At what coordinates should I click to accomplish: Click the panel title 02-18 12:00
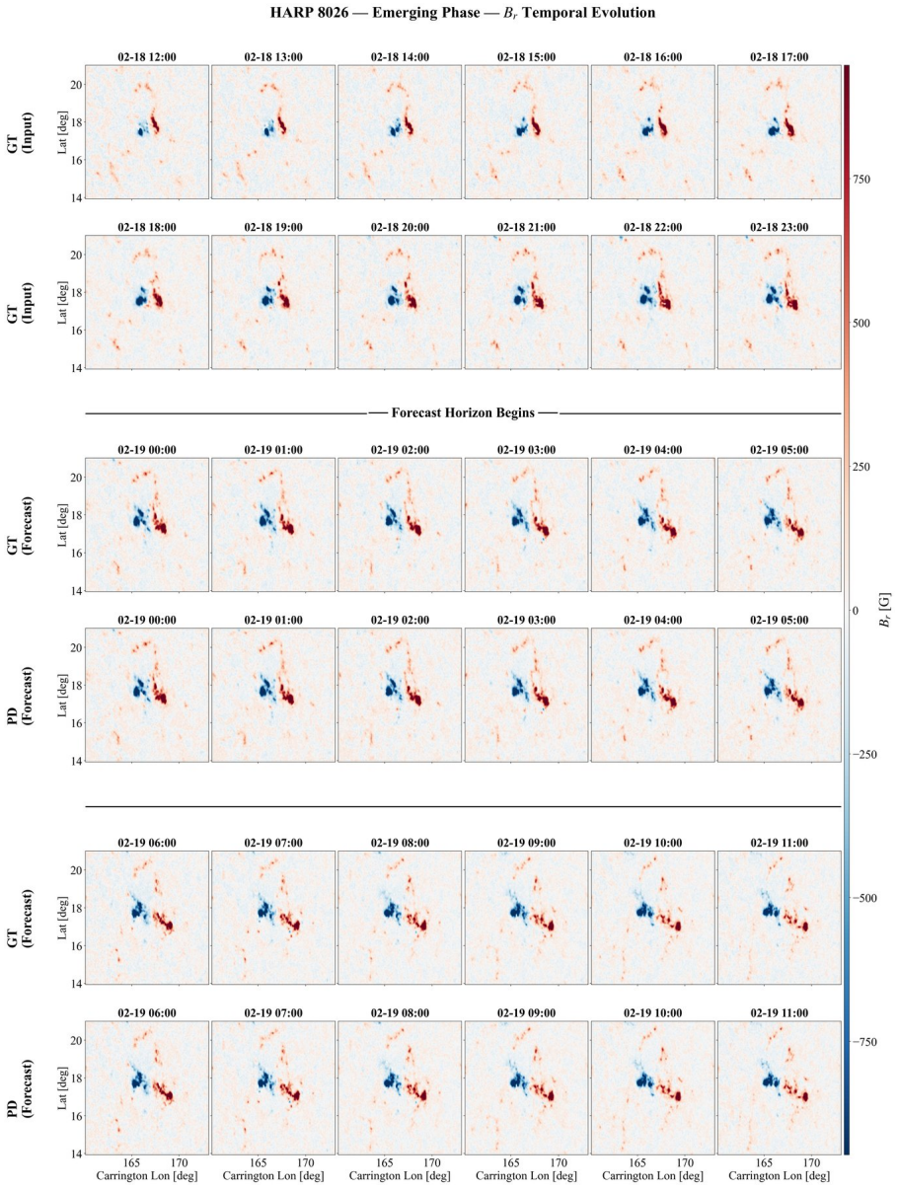(x=147, y=57)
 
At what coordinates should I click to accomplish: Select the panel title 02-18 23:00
(x=779, y=227)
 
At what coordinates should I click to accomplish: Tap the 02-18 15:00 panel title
(x=526, y=57)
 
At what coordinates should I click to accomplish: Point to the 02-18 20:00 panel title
(x=400, y=227)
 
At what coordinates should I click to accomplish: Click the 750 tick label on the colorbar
(x=861, y=180)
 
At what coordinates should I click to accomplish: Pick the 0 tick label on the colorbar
(x=856, y=611)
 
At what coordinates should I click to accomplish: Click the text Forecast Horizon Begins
(x=463, y=412)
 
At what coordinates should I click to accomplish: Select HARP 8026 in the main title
(x=309, y=13)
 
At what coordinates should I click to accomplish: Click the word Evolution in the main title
(x=624, y=13)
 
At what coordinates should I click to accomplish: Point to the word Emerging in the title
(x=398, y=13)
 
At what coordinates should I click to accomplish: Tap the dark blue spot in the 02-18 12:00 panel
(x=140, y=131)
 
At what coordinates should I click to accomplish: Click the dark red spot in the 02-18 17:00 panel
(x=789, y=129)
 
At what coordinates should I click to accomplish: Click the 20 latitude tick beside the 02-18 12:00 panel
(x=76, y=85)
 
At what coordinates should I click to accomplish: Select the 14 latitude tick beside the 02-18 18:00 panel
(x=76, y=368)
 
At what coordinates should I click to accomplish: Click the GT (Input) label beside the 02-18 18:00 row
(x=20, y=302)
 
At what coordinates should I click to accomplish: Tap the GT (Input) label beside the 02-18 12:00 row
(x=20, y=132)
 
